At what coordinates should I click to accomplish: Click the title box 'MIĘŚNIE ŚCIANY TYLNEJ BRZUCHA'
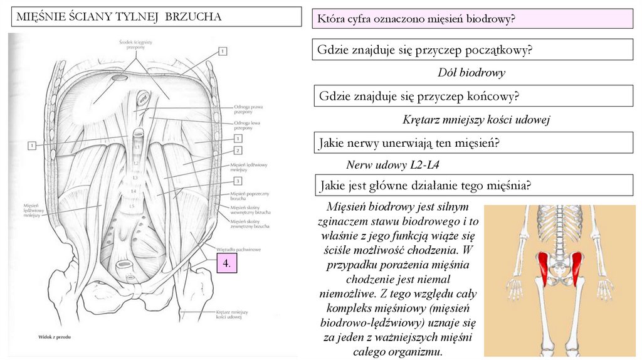(157, 17)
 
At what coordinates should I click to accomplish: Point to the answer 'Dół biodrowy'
(471, 73)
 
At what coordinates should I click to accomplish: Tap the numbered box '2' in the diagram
(238, 151)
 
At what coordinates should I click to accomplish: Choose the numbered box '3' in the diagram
(238, 181)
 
